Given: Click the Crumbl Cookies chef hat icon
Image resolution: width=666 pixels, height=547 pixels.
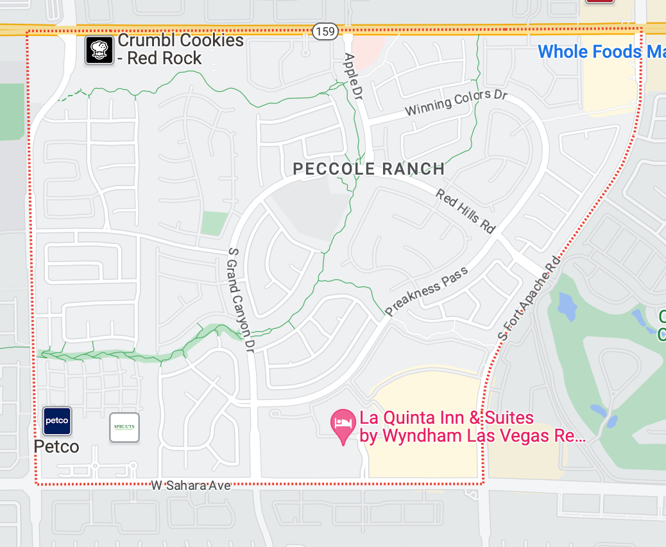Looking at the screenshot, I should (99, 50).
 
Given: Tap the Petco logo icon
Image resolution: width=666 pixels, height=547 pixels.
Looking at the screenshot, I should (57, 421).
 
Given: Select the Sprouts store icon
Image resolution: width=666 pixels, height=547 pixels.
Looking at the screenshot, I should (124, 428).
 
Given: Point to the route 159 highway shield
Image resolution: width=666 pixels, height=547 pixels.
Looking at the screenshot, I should (325, 30).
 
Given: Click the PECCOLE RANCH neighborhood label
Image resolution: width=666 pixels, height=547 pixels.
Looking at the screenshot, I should (369, 169).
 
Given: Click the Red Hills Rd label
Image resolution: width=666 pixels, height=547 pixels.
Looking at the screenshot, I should (466, 210).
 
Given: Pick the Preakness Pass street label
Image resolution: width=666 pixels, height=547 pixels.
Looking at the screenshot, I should (427, 291).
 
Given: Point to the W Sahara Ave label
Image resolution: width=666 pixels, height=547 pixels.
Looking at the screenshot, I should (191, 485).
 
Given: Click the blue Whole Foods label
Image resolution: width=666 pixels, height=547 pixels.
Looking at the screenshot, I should (601, 51).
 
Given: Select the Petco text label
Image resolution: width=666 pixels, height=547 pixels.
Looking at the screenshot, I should (56, 446).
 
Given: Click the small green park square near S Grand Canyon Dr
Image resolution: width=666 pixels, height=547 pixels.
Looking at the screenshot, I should (214, 223).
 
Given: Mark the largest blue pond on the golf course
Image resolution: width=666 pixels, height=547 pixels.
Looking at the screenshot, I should (567, 306).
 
